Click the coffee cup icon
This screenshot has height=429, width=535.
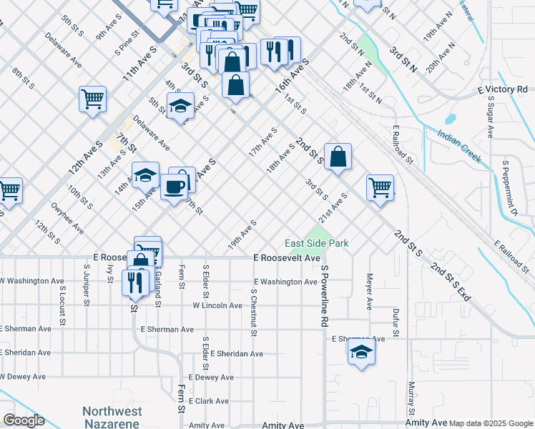[x=174, y=187]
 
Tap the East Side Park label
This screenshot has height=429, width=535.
[x=317, y=243]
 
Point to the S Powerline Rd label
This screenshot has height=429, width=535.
[x=324, y=296]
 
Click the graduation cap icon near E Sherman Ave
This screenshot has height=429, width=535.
[x=361, y=352]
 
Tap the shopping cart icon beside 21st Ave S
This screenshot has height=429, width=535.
[x=380, y=188]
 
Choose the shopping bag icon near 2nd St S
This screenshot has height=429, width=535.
[x=338, y=157]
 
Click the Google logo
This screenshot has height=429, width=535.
[x=24, y=420]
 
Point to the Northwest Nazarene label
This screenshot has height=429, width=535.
[x=112, y=417]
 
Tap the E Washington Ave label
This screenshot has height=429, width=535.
[x=284, y=282]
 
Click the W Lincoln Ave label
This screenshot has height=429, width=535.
[x=217, y=305]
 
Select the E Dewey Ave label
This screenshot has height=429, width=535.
[x=211, y=377]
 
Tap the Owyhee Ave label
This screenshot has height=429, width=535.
[x=68, y=220]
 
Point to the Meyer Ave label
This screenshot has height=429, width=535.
[x=370, y=290]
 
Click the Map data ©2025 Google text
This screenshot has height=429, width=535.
[x=490, y=423]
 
